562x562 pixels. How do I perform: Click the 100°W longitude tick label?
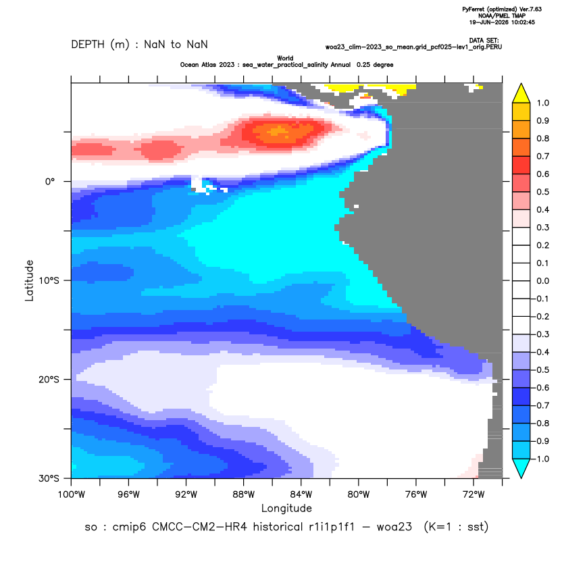coord(72,494)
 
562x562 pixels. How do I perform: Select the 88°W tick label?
coord(244,494)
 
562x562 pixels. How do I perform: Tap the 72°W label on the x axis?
coord(474,494)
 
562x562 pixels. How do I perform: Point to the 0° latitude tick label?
coord(50,182)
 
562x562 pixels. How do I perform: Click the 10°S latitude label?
coord(49,280)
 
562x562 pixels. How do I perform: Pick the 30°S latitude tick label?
coord(49,478)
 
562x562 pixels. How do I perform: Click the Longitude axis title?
coord(286,508)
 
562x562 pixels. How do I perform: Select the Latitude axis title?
coord(29,280)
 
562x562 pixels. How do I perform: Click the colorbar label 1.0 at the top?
coord(543,103)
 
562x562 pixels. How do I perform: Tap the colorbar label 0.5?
coord(543,192)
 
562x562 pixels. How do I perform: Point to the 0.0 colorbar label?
coord(543,281)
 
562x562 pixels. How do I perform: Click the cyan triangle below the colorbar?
coord(521,467)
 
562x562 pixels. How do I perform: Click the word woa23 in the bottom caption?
coord(394,528)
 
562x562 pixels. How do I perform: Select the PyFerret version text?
coord(502,9)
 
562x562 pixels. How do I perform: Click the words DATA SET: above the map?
coord(484,41)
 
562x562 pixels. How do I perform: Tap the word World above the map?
coord(285,58)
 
